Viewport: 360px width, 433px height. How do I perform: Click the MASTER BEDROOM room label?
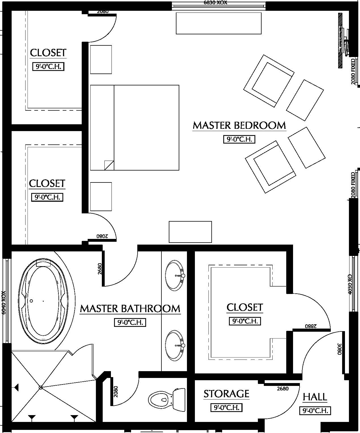[239, 125]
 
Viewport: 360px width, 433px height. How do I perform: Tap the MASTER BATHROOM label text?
[130, 309]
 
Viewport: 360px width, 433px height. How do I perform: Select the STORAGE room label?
[226, 394]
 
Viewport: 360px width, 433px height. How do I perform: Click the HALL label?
[315, 397]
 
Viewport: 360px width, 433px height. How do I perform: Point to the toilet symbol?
[167, 400]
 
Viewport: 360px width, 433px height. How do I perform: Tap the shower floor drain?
[41, 387]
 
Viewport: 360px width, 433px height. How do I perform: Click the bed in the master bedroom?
[134, 128]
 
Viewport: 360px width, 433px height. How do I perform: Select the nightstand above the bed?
[101, 60]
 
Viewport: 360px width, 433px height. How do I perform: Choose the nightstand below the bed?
[101, 197]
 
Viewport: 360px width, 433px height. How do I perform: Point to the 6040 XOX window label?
[3, 302]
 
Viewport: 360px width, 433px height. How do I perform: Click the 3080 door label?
[339, 349]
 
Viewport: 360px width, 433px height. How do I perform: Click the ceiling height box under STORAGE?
[226, 407]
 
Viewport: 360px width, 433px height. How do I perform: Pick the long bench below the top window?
[218, 23]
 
